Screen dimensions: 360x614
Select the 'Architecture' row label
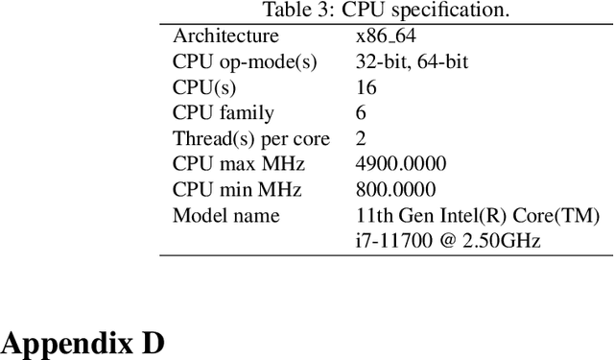point(225,36)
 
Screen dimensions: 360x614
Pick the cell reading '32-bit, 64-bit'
point(413,62)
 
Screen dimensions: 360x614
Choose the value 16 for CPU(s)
point(366,88)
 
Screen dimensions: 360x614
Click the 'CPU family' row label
point(223,113)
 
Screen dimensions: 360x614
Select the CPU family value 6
point(361,113)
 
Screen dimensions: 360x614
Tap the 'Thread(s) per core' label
point(250,139)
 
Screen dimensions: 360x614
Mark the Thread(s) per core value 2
point(361,139)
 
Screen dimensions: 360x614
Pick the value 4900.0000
point(400,164)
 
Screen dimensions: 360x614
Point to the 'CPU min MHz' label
point(236,190)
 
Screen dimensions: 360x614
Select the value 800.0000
point(394,190)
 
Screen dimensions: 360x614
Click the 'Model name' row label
point(226,215)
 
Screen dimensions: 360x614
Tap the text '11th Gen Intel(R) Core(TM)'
point(478,215)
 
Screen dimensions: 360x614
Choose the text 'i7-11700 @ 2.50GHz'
point(448,240)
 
